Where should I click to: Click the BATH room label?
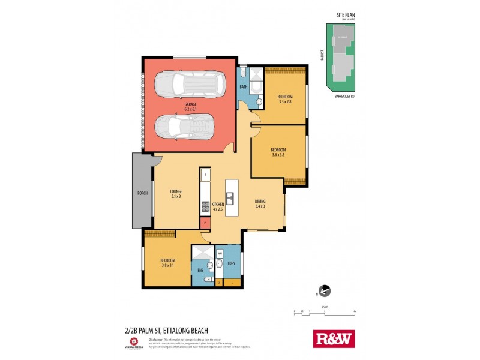coord(244,88)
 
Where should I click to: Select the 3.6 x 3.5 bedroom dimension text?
coord(277,155)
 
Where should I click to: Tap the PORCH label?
coord(142,193)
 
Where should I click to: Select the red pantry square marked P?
coord(205,223)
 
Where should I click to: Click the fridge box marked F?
coord(205,175)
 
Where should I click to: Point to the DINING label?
coord(260,202)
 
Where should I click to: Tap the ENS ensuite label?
coord(200,271)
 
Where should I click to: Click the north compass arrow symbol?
coord(325,291)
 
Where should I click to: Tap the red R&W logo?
coord(334,338)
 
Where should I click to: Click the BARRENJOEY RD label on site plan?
coord(344,97)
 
